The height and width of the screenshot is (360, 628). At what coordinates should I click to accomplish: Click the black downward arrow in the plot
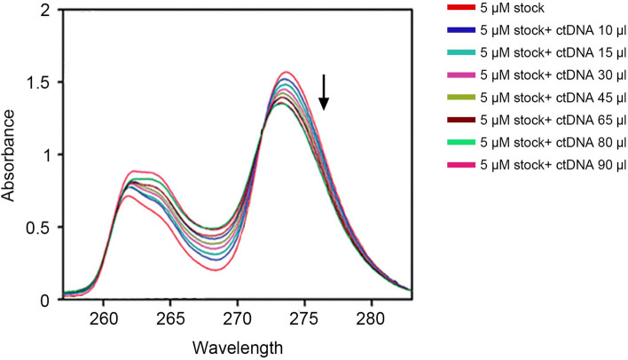324,92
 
